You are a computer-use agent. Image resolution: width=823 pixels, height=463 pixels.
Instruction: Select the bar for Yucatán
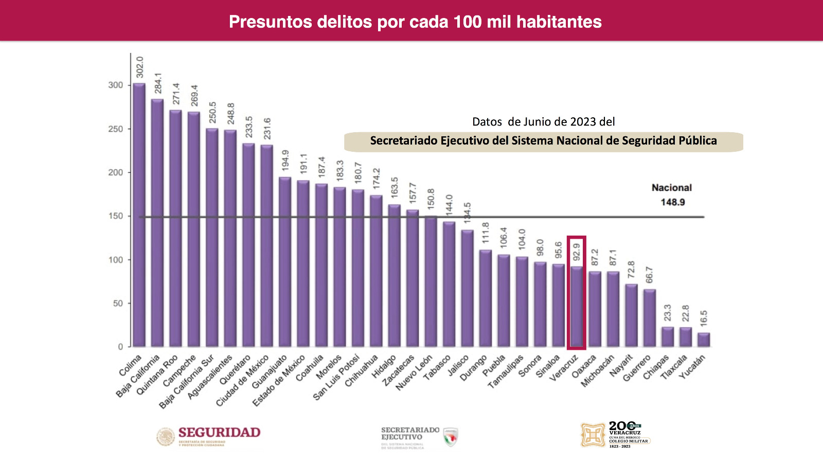click(x=704, y=340)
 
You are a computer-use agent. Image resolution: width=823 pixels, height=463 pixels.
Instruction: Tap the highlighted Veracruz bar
click(x=577, y=306)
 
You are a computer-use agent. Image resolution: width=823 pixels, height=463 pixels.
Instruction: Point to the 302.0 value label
click(x=139, y=67)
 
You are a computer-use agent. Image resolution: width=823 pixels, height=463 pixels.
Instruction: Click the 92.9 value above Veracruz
click(x=577, y=252)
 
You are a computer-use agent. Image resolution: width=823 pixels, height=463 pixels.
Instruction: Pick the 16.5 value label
click(x=704, y=318)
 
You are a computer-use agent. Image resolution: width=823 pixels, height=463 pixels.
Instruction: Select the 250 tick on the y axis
click(x=116, y=129)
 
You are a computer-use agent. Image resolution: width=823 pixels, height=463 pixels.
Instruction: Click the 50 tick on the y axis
click(x=118, y=304)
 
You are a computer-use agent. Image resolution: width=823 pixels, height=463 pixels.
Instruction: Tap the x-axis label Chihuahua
click(x=362, y=370)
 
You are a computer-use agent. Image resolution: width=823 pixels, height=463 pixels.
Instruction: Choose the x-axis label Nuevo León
click(x=414, y=372)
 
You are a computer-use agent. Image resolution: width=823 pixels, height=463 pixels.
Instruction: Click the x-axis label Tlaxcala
click(x=674, y=367)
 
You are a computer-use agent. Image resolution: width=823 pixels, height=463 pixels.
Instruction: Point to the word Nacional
click(x=671, y=188)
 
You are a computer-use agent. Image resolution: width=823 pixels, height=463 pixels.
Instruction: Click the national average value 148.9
click(x=672, y=202)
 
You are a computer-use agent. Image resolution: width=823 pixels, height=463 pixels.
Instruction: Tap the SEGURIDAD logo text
click(x=219, y=433)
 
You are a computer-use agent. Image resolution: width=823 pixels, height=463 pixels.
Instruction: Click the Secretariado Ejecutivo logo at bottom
click(x=419, y=437)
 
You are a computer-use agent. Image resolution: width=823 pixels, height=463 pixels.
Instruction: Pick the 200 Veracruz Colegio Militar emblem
click(x=615, y=435)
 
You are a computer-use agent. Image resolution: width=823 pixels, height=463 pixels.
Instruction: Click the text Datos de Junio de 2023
click(x=543, y=122)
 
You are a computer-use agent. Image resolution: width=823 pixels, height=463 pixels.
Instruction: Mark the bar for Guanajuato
click(x=285, y=262)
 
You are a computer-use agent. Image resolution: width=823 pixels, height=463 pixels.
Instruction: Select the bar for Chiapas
click(x=667, y=336)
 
